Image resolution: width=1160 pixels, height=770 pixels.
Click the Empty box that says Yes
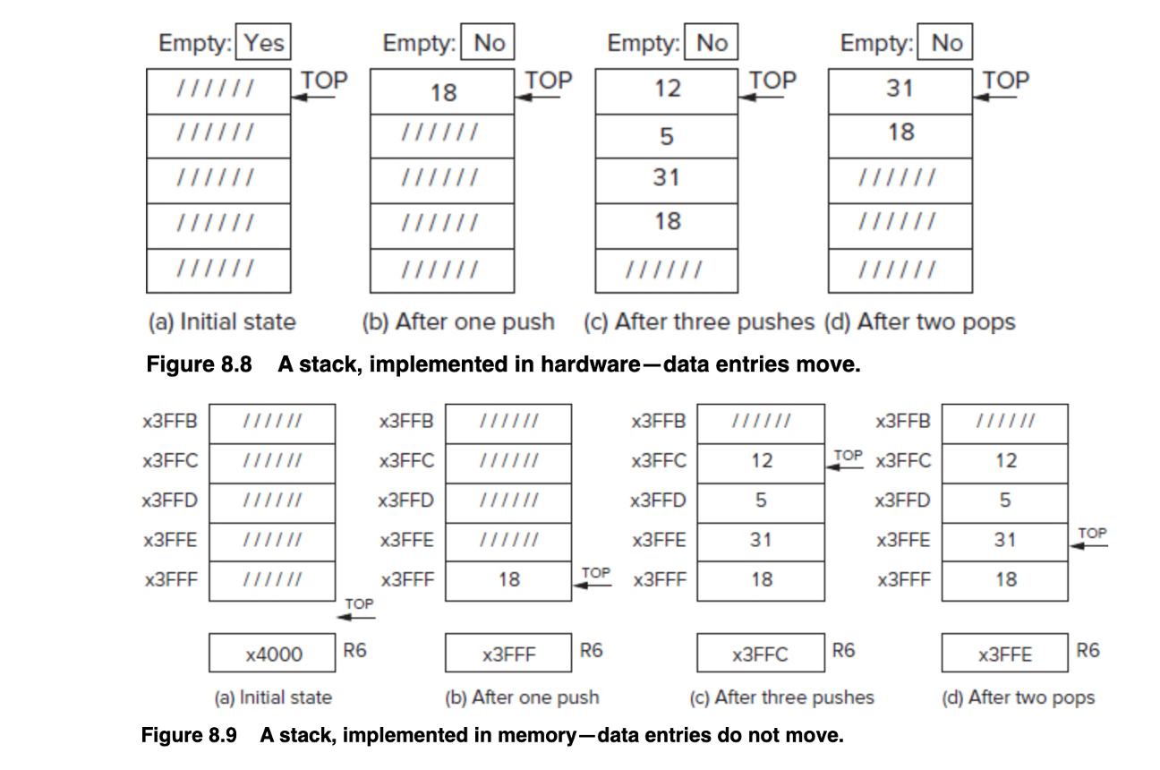click(263, 43)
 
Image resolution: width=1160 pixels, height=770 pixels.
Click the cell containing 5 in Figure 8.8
click(666, 136)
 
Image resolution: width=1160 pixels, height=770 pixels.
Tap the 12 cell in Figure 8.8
click(666, 90)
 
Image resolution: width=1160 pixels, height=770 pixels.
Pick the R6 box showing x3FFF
click(508, 654)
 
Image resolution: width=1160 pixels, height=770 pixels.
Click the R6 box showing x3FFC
click(760, 654)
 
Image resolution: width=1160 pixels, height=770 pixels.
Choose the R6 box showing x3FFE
click(1004, 654)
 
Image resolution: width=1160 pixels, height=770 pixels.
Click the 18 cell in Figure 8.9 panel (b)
click(508, 580)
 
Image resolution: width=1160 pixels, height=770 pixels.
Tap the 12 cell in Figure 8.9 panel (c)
click(760, 461)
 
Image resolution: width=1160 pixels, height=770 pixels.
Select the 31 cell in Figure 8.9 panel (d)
click(1004, 540)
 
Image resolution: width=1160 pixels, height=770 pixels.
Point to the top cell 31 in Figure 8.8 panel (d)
click(899, 90)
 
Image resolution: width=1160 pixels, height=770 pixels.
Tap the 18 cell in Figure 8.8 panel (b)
click(442, 91)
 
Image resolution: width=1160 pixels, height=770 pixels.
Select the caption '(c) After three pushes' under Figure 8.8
click(699, 322)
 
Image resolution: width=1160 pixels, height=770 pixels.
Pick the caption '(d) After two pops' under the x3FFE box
click(1019, 697)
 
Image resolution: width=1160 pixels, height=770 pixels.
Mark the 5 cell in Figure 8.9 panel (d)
click(1004, 500)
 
